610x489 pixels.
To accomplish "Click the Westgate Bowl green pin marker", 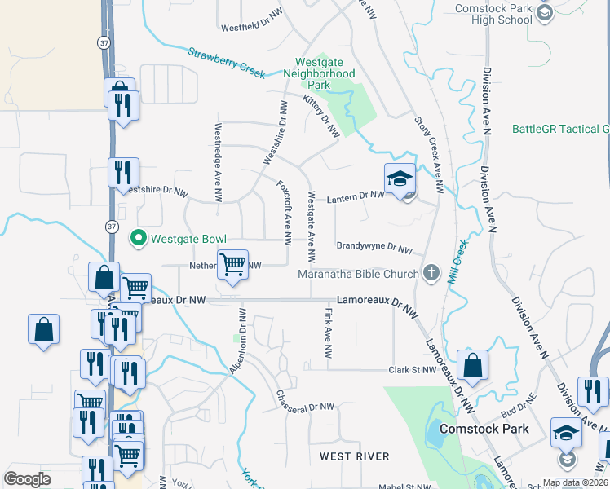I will [x=139, y=238].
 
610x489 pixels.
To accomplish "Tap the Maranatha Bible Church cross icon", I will [x=431, y=273].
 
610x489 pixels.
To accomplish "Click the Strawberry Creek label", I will [x=227, y=63].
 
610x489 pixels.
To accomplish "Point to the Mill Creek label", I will [x=455, y=260].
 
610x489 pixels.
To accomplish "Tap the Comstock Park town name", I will [x=484, y=428].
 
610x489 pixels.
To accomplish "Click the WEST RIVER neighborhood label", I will [x=354, y=456].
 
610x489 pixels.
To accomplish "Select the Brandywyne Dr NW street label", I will [x=374, y=247].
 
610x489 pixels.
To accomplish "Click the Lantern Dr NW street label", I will [x=356, y=196].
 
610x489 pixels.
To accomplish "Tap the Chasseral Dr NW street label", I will [x=305, y=400].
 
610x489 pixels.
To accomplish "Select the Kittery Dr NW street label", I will [x=320, y=117].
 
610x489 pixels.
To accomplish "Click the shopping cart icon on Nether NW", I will [x=233, y=263].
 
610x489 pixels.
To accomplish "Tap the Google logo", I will [x=28, y=479].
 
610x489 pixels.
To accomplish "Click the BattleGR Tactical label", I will [x=561, y=129].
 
